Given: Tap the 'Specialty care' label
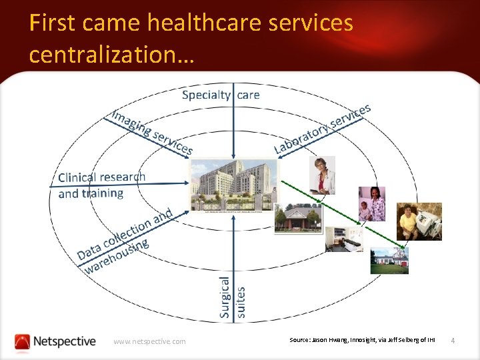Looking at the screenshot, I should coord(221,95).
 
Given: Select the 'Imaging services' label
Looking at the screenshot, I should coord(153,131).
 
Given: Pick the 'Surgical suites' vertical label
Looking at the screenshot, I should coord(233,297).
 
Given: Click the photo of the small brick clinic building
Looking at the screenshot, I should coord(297,219).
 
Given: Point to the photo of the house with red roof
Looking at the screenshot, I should coord(389,260).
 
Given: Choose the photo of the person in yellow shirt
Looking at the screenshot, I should coord(419,221).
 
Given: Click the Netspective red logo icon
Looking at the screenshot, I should coord(23,341).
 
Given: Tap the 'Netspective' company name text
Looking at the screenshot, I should coord(65,341).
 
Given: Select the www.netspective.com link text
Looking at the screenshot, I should coord(149,341).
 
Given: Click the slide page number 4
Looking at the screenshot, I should coord(453,341).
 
